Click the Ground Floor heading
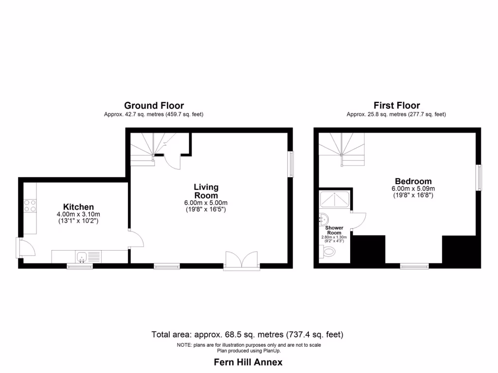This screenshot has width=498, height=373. pos(154,105)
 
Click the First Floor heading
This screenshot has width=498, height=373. pos(396,105)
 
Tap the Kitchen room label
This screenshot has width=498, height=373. pos(78,207)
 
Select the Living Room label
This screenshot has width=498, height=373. pos(206,191)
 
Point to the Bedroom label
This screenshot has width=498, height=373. pos(413,181)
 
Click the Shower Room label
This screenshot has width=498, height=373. pos(334,230)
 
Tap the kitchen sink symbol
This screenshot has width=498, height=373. pos(81,256)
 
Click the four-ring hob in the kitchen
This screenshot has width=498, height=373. pos(30,206)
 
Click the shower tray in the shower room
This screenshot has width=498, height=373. pos(334,200)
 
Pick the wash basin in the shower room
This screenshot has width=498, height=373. pos(323,220)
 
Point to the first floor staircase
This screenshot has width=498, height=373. pos(341,150)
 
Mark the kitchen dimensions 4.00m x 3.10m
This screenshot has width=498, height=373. pos(78,215)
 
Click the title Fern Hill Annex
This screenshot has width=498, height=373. pos(249,362)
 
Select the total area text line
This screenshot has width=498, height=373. pos(248,334)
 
